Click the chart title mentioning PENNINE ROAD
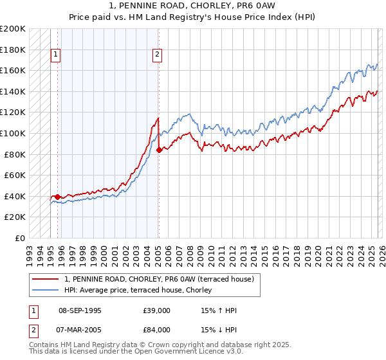pos(192,6)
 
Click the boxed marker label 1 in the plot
pos(57,55)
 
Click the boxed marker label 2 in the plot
pos(157,55)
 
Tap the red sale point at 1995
pos(58,197)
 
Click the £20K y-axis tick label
pos(15,217)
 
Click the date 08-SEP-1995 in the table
pos(80,310)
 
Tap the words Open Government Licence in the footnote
pos(175,352)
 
